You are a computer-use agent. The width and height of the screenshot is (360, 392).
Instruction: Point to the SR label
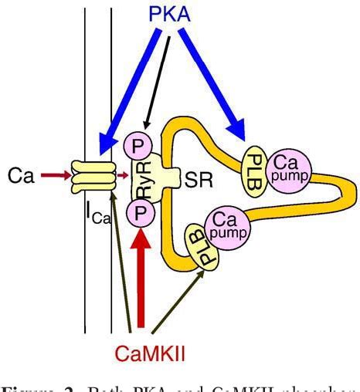pos(193,180)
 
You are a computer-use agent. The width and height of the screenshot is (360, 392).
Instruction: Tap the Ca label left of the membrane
pos(22,177)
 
